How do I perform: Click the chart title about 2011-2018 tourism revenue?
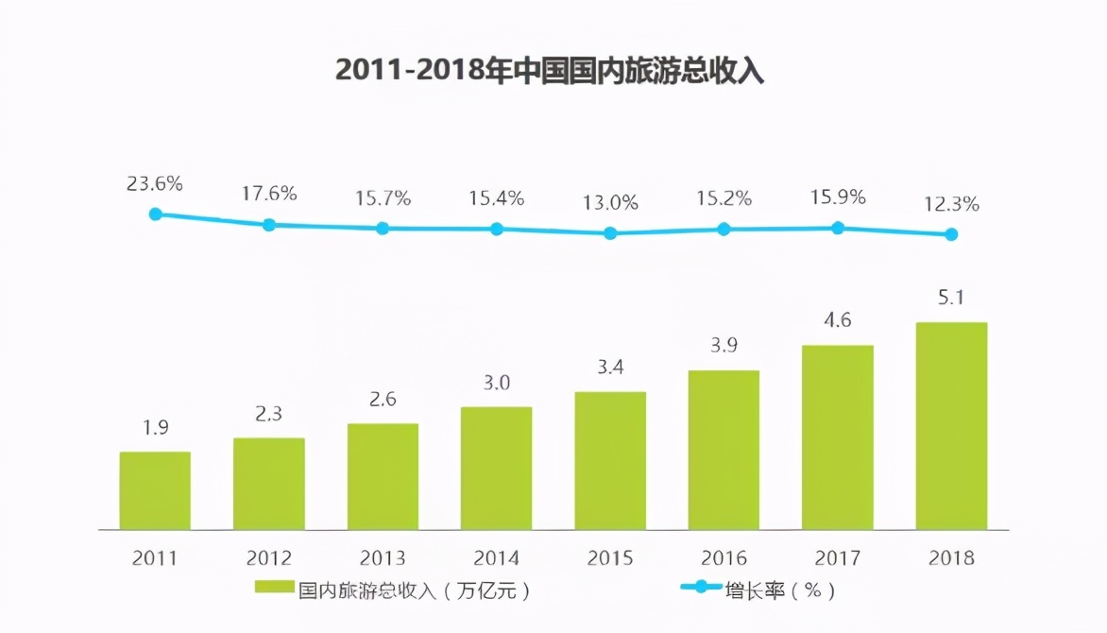pyautogui.click(x=550, y=71)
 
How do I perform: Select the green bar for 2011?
pyautogui.click(x=155, y=490)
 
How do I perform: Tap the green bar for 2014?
pyautogui.click(x=497, y=468)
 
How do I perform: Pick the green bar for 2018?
pyautogui.click(x=951, y=425)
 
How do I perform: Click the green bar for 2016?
pyautogui.click(x=724, y=450)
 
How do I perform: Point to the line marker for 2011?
pyautogui.click(x=155, y=214)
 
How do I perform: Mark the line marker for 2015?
pyautogui.click(x=610, y=232)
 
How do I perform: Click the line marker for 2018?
pyautogui.click(x=951, y=234)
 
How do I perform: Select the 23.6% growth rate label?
pyautogui.click(x=155, y=183)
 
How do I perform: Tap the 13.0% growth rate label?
pyautogui.click(x=610, y=202)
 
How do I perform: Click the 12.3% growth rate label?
pyautogui.click(x=951, y=203)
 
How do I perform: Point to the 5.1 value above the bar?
pyautogui.click(x=951, y=299)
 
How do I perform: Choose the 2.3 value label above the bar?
pyautogui.click(x=269, y=414)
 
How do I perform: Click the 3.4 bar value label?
pyautogui.click(x=610, y=367)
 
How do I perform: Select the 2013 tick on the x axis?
pyautogui.click(x=383, y=557)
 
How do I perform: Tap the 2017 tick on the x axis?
pyautogui.click(x=838, y=557)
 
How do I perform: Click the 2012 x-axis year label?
pyautogui.click(x=269, y=557)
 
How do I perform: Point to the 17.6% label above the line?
pyautogui.click(x=269, y=194)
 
